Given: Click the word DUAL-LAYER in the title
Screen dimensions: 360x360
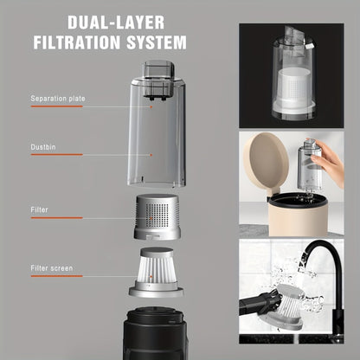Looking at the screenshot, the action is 116,22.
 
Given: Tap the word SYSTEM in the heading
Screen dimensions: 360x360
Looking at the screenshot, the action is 157,42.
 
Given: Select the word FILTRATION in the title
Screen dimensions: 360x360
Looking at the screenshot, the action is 76,42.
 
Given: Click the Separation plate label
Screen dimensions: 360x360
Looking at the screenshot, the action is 58,99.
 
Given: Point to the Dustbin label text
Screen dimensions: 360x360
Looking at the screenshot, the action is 43,147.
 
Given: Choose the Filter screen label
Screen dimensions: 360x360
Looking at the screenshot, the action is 52,268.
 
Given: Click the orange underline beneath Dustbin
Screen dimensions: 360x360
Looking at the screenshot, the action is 57,155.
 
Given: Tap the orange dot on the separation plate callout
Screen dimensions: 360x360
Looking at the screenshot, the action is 151,106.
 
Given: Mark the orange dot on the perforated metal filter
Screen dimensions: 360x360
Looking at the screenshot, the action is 151,218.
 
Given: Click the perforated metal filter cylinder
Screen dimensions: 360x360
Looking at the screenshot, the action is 157,217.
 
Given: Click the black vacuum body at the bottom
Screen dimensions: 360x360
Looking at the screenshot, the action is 156,334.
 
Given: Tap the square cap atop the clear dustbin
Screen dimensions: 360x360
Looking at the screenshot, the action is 158,69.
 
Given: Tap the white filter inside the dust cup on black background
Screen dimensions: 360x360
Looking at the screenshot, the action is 293,87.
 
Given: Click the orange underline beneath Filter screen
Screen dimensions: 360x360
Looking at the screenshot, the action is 57,276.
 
